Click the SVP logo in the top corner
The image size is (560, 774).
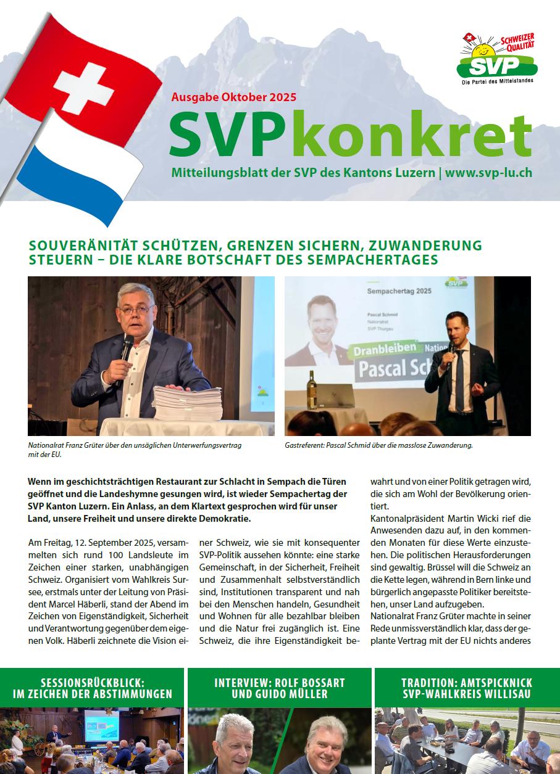pyautogui.click(x=498, y=59)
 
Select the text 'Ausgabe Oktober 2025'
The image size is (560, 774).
pyautogui.click(x=233, y=97)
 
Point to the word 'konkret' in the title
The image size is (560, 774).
pyautogui.click(x=417, y=135)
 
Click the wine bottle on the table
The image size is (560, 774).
pyautogui.click(x=312, y=391)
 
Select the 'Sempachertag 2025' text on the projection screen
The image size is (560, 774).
pyautogui.click(x=399, y=290)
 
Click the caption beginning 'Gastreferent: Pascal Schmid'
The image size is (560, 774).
pyautogui.click(x=378, y=445)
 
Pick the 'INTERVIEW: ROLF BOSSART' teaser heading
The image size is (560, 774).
pyautogui.click(x=280, y=683)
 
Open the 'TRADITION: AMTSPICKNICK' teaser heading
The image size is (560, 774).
pyautogui.click(x=467, y=683)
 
